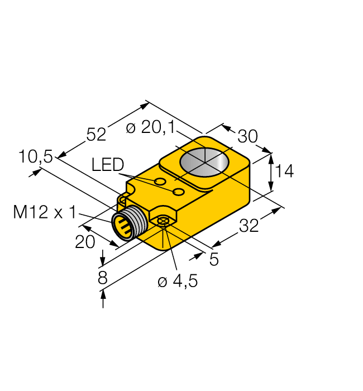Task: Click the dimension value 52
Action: click(x=95, y=135)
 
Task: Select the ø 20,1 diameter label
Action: click(x=150, y=128)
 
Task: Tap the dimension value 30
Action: click(x=248, y=137)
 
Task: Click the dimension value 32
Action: click(x=250, y=226)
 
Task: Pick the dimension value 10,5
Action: click(x=35, y=158)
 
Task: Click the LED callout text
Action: click(x=107, y=165)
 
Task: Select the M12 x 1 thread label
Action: click(x=45, y=212)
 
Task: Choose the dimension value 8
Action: click(x=102, y=278)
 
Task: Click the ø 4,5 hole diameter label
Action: click(x=177, y=282)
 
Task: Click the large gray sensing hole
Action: click(x=204, y=162)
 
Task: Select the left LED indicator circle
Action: click(x=160, y=182)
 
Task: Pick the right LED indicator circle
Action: click(x=179, y=192)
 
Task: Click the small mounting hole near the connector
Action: click(x=163, y=222)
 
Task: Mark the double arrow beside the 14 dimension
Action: click(x=271, y=172)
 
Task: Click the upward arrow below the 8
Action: click(x=103, y=302)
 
